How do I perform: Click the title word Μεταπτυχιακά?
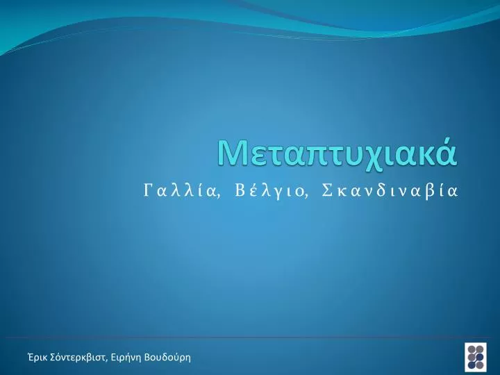pyautogui.click(x=338, y=153)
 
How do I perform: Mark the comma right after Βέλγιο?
pyautogui.click(x=306, y=196)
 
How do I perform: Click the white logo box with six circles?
pyautogui.click(x=476, y=357)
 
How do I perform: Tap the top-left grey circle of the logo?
pyautogui.click(x=472, y=349)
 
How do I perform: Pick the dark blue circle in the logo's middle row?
pyautogui.click(x=479, y=357)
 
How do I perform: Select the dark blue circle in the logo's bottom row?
pyautogui.click(x=472, y=365)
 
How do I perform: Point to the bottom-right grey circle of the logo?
pyautogui.click(x=479, y=365)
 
